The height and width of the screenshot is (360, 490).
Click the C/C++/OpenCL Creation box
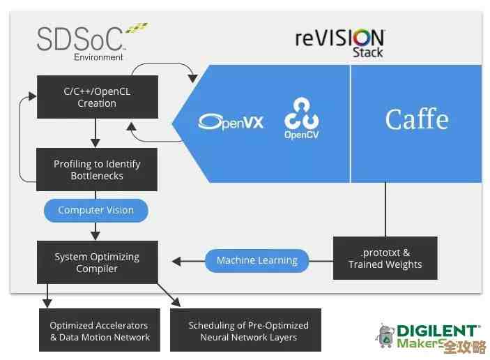point(97,97)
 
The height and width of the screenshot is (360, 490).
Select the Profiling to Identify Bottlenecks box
point(97,170)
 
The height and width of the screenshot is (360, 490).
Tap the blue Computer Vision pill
point(96,210)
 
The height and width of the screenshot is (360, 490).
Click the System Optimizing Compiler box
point(97,262)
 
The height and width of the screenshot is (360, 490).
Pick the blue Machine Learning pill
point(257,260)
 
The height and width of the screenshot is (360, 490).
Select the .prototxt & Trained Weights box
point(385,258)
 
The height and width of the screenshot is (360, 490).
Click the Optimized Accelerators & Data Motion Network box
point(100,331)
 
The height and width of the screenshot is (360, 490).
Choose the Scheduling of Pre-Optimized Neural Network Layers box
point(248,331)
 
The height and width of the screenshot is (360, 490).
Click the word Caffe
point(416,119)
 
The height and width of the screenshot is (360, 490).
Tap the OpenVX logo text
point(231,122)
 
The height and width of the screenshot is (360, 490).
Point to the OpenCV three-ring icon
point(301,112)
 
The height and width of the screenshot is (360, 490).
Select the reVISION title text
point(339,37)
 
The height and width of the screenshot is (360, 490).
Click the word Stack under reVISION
point(367,52)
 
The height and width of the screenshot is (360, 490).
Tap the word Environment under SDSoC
point(99,57)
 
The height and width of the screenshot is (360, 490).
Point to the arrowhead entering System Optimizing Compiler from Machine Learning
point(176,262)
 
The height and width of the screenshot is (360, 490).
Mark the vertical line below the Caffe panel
point(385,209)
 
